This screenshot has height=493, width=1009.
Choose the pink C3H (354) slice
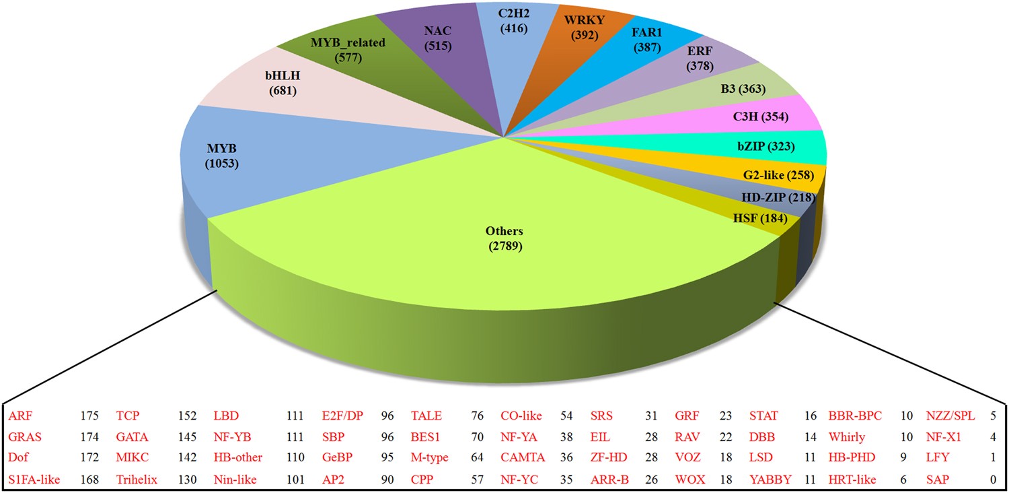760,117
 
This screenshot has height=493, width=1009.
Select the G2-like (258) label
778,175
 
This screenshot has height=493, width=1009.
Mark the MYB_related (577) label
348,51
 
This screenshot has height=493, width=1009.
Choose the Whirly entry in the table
846,436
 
